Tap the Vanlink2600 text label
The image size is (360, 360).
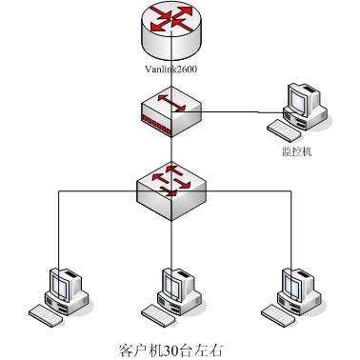(x=172, y=70)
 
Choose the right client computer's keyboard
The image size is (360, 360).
(x=273, y=312)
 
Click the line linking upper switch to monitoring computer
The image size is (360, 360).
(x=238, y=110)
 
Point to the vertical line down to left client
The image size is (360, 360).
(x=59, y=229)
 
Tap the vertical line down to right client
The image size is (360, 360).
(x=288, y=229)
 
